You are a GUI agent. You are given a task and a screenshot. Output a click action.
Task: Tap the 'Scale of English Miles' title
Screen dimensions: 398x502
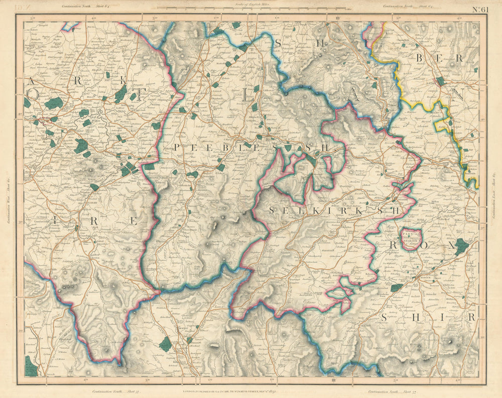tap(251, 4)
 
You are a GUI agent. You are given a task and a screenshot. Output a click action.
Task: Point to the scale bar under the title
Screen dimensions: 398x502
tap(251, 9)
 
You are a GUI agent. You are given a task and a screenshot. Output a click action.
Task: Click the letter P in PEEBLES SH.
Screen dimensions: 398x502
tap(177, 147)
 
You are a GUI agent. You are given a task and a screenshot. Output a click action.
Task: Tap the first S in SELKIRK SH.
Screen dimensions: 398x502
tap(272, 211)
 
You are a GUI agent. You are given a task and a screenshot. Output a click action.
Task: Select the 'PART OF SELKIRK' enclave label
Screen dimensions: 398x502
tap(412, 238)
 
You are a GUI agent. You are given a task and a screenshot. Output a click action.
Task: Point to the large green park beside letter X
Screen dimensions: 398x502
tap(461, 246)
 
